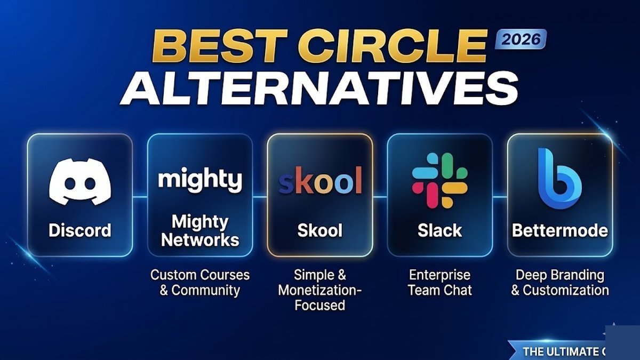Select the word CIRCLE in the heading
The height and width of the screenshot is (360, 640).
[393, 46]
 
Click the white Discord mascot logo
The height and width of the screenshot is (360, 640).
[80, 181]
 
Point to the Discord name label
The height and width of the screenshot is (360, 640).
[80, 230]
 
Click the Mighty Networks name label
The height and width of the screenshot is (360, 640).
[200, 230]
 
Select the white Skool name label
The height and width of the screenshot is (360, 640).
[320, 230]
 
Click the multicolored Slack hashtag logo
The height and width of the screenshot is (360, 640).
[439, 180]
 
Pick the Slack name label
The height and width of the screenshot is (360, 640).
[439, 230]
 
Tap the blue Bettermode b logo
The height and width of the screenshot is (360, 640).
[559, 178]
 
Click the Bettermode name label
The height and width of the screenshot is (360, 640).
[560, 230]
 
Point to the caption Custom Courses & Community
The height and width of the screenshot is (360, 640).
[200, 283]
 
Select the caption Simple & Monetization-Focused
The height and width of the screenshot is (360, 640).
[320, 290]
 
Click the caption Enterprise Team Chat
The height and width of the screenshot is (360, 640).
[439, 283]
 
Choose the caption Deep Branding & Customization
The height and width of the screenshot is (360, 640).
[560, 283]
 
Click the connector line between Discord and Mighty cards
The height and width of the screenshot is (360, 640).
[140, 197]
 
